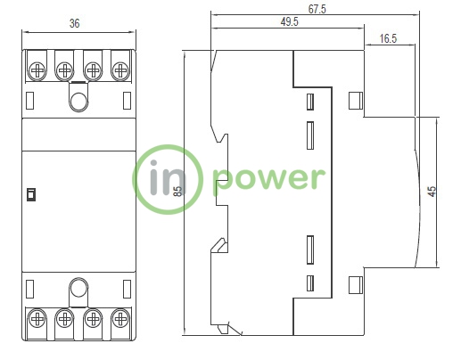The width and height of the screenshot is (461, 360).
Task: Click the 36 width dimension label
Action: click(x=75, y=23)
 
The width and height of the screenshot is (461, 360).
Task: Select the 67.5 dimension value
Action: click(x=317, y=9)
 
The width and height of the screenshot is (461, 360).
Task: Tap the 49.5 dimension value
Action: click(x=289, y=21)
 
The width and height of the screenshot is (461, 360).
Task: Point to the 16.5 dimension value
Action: click(x=388, y=38)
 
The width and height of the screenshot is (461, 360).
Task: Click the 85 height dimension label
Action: click(x=177, y=192)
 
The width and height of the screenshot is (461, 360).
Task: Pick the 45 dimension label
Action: click(x=432, y=191)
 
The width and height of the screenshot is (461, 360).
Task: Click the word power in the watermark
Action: click(x=269, y=179)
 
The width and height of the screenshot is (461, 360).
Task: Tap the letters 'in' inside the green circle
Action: click(x=167, y=177)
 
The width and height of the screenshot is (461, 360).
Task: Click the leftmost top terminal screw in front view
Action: click(x=37, y=70)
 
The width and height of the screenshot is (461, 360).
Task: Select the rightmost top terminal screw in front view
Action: click(x=120, y=70)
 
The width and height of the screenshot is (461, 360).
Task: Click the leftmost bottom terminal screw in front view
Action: click(x=37, y=319)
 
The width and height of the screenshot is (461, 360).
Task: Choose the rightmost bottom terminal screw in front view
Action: click(x=120, y=319)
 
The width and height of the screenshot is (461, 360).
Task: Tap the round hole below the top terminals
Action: click(x=78, y=101)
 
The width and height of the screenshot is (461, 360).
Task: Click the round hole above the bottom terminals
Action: click(x=78, y=288)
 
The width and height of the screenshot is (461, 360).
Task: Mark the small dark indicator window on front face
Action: click(x=31, y=194)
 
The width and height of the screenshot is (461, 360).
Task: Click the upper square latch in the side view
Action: click(x=356, y=101)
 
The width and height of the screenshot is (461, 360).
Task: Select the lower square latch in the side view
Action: click(x=356, y=285)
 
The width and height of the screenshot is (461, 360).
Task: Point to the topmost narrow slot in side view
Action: click(x=310, y=102)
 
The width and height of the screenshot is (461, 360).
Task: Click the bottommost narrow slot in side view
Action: click(x=310, y=283)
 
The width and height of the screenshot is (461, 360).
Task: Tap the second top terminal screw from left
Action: click(x=64, y=70)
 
